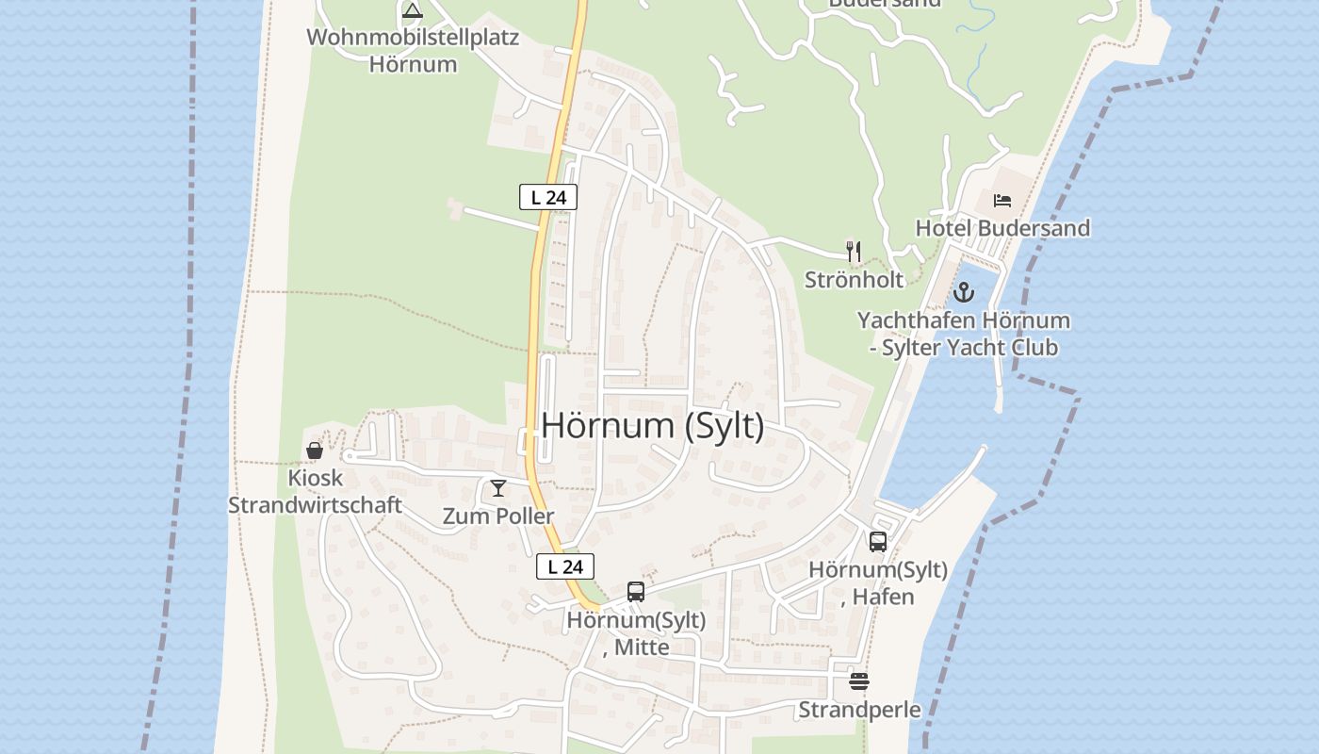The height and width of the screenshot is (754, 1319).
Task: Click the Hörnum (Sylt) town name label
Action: [x=653, y=426]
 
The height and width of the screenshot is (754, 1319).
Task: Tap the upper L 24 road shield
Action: [x=547, y=197]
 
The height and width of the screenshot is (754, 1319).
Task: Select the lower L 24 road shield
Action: [x=565, y=566]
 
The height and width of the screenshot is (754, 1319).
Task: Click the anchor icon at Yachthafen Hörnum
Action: [x=963, y=291]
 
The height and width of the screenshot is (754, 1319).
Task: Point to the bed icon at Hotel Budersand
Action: [x=1002, y=200]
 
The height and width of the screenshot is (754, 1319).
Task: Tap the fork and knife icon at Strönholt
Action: [x=854, y=251]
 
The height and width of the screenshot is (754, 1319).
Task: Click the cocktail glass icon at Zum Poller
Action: [x=498, y=487]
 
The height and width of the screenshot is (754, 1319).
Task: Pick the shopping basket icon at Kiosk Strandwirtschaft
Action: [x=315, y=451]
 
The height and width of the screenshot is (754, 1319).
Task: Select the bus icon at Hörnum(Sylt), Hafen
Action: [x=878, y=541]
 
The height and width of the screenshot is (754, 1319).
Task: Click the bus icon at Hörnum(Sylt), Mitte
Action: [x=636, y=592]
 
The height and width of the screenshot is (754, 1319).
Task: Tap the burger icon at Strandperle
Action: [x=859, y=680]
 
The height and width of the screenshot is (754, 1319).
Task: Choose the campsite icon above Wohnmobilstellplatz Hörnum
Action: [x=412, y=11]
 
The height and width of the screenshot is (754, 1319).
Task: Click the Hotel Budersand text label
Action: [x=1002, y=228]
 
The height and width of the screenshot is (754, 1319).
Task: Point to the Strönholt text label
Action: [x=854, y=279]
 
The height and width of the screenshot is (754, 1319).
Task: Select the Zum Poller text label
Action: [x=498, y=516]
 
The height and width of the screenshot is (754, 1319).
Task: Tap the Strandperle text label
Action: [x=859, y=709]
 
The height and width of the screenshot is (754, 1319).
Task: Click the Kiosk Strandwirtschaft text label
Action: [x=316, y=491]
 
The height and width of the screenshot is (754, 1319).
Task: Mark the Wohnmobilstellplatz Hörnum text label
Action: [x=413, y=51]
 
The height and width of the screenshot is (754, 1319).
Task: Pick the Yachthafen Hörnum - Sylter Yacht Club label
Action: [x=963, y=334]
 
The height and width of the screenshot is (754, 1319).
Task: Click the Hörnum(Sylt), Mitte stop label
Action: [x=636, y=633]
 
